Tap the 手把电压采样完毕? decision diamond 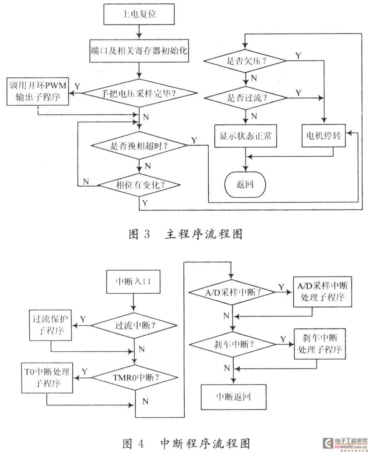tap(140, 93)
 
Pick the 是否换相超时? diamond tap(139, 145)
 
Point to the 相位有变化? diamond tap(139, 185)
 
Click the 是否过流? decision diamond tap(245, 97)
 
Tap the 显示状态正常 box tap(245, 136)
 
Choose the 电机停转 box tap(324, 136)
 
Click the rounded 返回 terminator tap(245, 184)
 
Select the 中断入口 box tap(134, 281)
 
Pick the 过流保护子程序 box tap(50, 325)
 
